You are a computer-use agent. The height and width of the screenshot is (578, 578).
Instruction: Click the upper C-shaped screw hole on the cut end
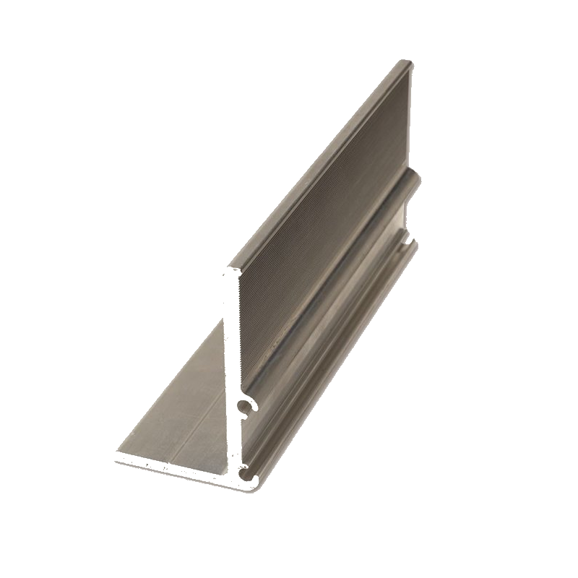click(246, 409)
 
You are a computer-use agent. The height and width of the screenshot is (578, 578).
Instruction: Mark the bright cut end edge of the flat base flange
click(173, 463)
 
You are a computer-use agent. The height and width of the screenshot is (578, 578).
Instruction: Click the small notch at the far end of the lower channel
click(410, 237)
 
